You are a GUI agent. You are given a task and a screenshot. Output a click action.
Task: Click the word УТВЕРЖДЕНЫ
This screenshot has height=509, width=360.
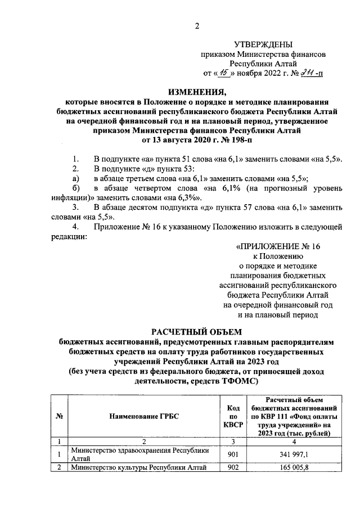[263, 44]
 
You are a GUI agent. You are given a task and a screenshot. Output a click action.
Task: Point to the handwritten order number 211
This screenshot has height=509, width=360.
[307, 73]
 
